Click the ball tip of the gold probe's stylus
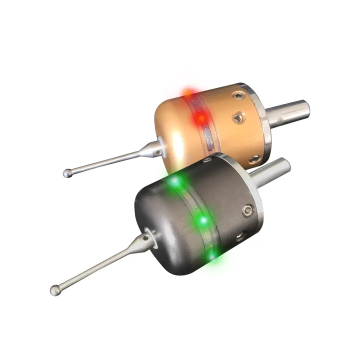tap(67, 173)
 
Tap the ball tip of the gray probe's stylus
tap(55, 289)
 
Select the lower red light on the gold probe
tap(199, 118)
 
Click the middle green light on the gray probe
tap(203, 220)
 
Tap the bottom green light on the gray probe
tap(212, 255)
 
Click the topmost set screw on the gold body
tap(235, 94)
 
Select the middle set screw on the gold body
tap(237, 118)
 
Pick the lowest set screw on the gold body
tap(254, 159)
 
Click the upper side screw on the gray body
tap(247, 210)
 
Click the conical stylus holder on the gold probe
tap(152, 147)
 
